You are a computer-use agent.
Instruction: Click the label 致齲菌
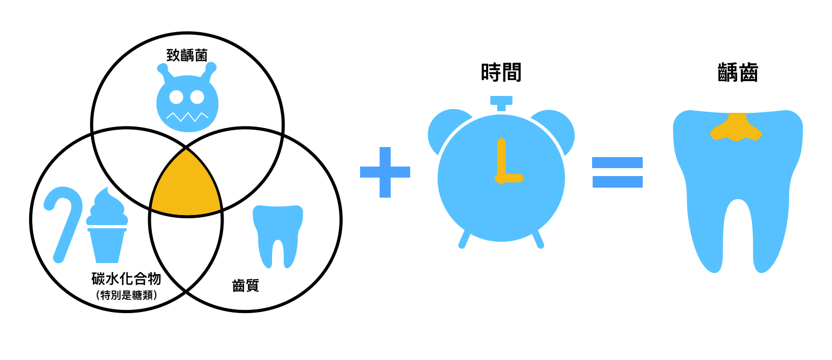187,55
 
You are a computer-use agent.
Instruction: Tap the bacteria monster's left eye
176,97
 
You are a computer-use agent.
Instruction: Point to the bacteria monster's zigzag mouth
187,116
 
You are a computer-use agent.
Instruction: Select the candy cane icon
64,221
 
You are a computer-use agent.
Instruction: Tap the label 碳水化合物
126,278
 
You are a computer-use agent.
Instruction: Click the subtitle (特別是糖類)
127,295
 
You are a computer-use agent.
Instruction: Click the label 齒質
246,286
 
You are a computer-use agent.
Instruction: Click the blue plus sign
385,172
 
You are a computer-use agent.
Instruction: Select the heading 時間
501,73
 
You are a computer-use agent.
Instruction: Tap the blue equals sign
617,172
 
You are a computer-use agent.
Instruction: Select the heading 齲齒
738,73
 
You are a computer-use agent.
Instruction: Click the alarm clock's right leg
538,239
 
